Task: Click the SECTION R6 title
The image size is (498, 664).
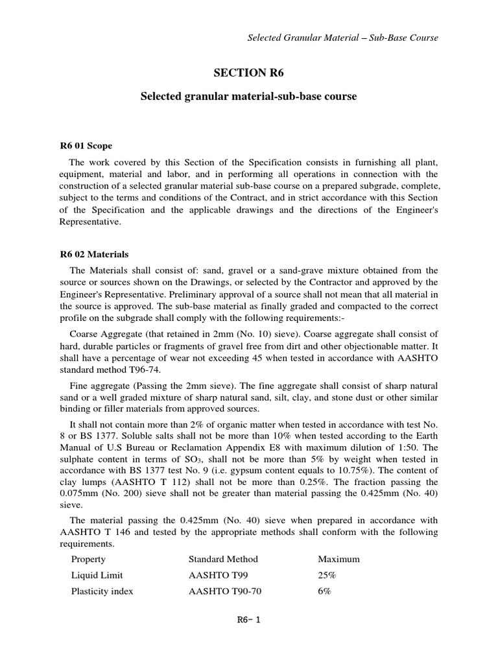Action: pos(249,73)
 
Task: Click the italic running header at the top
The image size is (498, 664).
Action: pos(343,38)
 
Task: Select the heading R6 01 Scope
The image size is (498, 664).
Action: pos(86,146)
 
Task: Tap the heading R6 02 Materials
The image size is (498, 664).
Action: pos(94,254)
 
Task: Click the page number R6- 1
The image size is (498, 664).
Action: pos(249,619)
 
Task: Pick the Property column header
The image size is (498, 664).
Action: pos(88,559)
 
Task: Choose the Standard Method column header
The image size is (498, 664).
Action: pos(223,559)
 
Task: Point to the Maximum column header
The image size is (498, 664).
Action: pos(338,559)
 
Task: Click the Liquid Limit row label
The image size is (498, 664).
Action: pos(97,575)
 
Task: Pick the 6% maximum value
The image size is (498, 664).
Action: pos(325,591)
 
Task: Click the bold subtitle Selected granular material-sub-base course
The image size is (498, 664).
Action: pos(249,96)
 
